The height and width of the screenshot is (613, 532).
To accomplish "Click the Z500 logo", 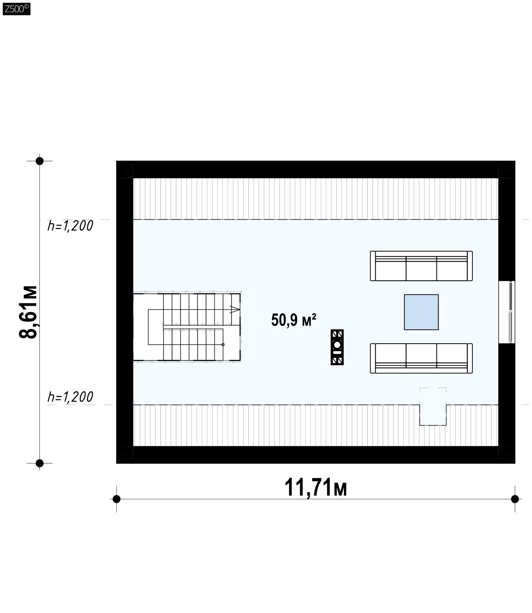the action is pos(16,9).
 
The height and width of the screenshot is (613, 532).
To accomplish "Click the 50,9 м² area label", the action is pos(293,320).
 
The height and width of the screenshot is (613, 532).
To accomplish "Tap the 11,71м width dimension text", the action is pos(316,488).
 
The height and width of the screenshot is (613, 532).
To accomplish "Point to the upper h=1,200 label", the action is pos(70,226).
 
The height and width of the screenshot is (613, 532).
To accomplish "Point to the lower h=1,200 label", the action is pos(70,397).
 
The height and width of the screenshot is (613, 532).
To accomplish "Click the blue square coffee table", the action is pos(421,312).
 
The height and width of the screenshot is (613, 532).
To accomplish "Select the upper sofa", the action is pos(421,266).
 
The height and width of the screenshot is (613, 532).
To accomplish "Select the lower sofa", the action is pos(421,358).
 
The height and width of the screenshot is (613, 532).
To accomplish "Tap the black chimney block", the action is pos(337,347).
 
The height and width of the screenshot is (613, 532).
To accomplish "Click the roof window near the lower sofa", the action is pos(433,406).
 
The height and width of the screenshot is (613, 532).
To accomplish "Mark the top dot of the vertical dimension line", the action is pos(39,161).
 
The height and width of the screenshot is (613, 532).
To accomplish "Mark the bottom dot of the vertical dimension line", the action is pos(39,463).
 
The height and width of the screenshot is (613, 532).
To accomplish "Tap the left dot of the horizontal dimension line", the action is pos(117,499).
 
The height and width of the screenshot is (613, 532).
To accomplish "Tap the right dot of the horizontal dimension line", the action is pos(515,499).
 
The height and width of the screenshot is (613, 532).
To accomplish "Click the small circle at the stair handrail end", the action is pos(223,345).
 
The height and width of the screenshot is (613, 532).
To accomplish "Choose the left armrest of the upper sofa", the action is pos(373,266).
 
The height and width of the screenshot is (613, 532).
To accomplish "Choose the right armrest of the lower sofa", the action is pos(470,358).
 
